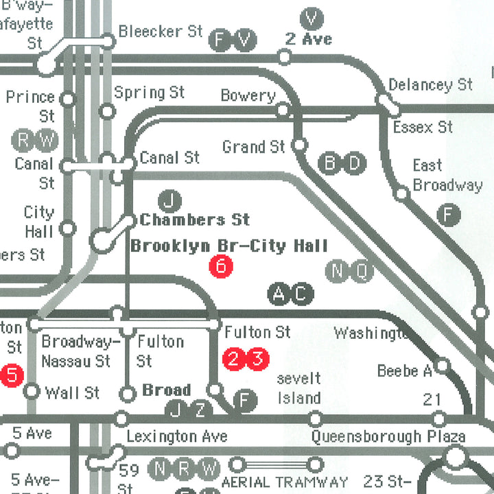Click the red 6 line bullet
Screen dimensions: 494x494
click(221, 266)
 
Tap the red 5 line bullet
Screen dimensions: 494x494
click(11, 375)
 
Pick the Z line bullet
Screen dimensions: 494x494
click(200, 410)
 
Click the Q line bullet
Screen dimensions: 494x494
click(362, 272)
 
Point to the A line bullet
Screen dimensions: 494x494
click(279, 295)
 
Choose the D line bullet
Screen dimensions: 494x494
click(355, 163)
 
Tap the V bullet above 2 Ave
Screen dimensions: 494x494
click(312, 18)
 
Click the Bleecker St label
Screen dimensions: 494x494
click(161, 32)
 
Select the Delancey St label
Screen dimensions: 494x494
click(430, 85)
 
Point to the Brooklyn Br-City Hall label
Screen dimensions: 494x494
click(229, 246)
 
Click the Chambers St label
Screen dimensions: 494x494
click(195, 220)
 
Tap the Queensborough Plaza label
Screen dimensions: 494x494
click(388, 436)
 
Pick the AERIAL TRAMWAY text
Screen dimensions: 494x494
click(284, 482)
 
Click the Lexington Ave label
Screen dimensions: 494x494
click(177, 436)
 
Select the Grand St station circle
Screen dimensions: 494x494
click(299, 145)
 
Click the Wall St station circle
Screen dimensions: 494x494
click(32, 392)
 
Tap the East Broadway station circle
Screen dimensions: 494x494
click(402, 194)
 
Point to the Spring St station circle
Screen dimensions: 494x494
click(107, 110)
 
